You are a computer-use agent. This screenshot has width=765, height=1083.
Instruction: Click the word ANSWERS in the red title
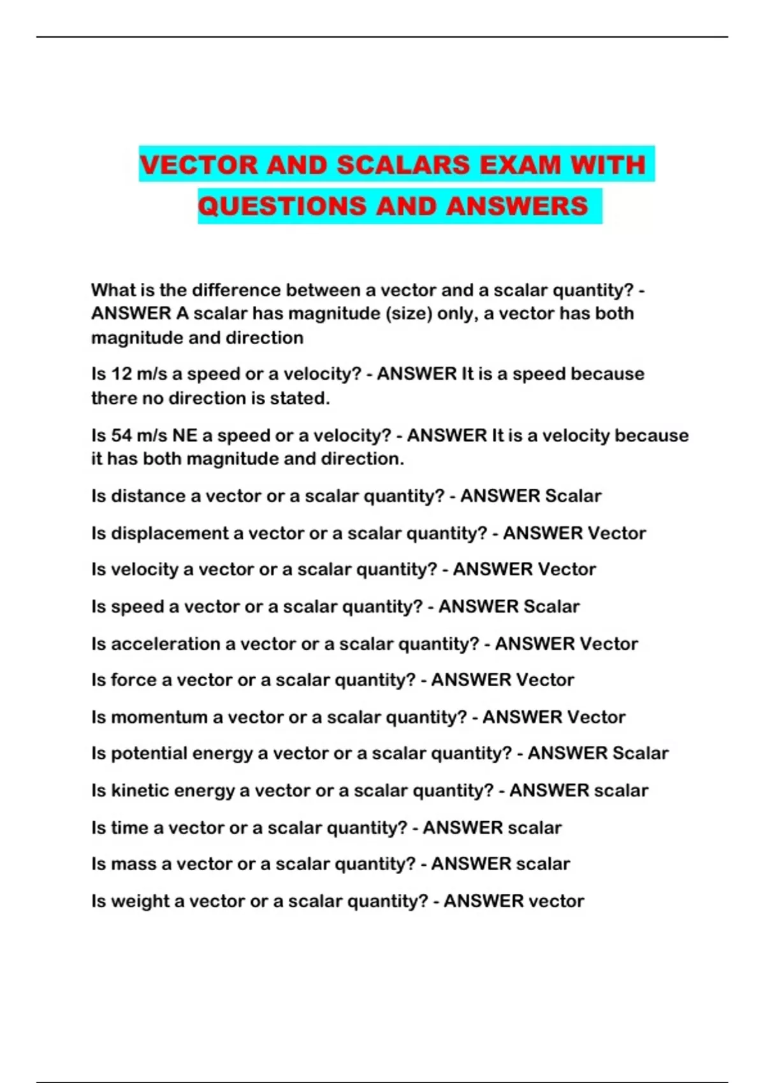[x=517, y=206]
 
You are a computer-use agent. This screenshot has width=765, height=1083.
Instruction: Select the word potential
[x=149, y=754]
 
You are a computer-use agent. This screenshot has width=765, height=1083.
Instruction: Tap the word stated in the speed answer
[x=299, y=399]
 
